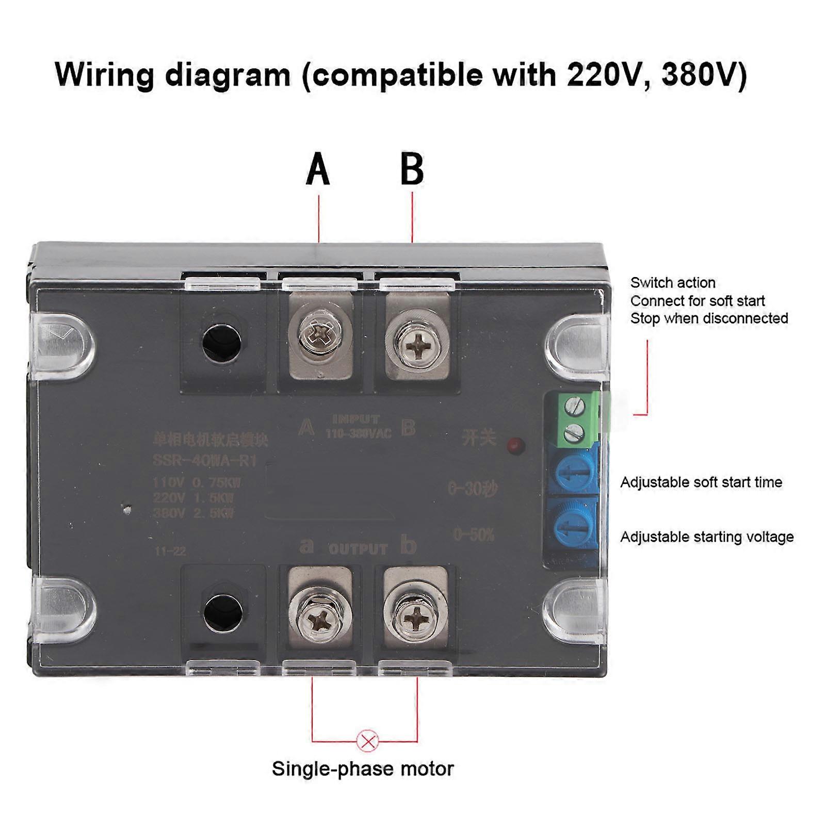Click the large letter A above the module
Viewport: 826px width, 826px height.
pos(318,169)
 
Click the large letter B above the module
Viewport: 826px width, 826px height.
pos(412,169)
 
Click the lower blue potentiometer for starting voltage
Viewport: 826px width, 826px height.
pos(573,525)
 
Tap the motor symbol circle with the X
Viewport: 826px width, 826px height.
pos(368,742)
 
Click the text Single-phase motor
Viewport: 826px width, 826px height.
pos(363,769)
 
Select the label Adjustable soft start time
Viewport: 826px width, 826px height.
pos(701,482)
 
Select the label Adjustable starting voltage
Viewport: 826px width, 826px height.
pos(707,537)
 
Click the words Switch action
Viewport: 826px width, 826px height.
pos(673,283)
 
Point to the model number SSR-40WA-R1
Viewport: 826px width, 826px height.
pos(204,460)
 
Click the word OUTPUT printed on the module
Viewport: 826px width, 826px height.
pos(358,549)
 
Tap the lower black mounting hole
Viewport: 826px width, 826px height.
pos(223,613)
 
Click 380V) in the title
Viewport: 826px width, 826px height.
pos(704,75)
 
